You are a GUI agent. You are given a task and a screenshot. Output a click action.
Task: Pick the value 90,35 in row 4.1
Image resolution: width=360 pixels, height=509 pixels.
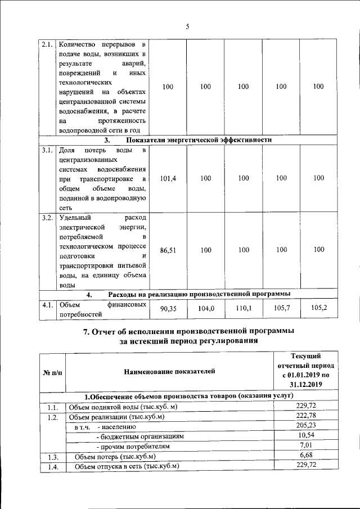[x=169, y=309]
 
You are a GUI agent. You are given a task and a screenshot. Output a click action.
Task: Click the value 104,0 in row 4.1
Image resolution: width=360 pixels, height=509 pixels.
[x=206, y=309]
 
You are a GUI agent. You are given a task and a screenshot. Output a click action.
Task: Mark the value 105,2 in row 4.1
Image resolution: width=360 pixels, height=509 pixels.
[x=319, y=309]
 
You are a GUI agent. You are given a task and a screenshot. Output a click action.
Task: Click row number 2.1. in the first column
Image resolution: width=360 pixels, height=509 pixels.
[x=47, y=44]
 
